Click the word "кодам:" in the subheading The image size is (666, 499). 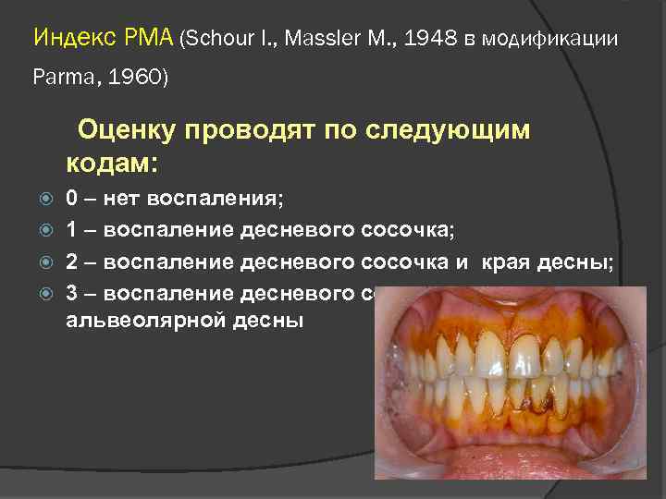click(x=112, y=164)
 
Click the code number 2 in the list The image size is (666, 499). click(x=72, y=262)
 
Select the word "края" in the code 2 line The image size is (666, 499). click(x=507, y=262)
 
